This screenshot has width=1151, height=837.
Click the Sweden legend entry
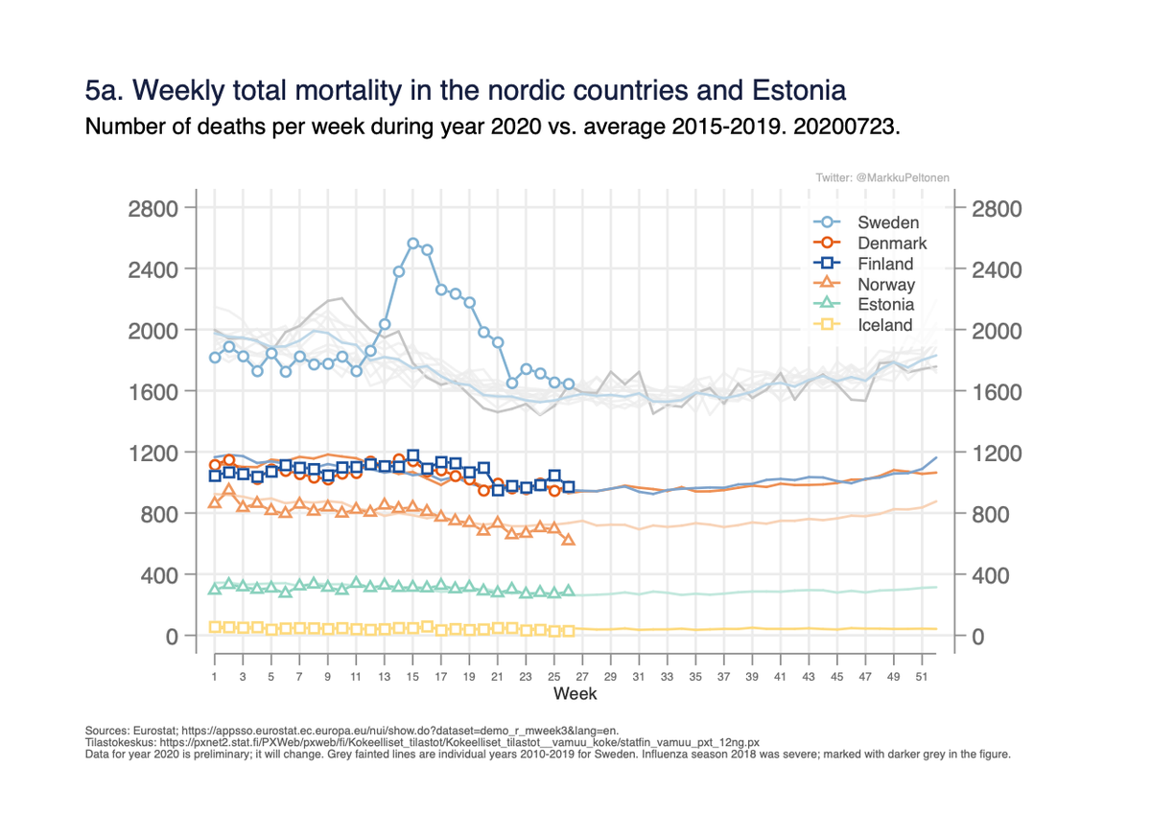(x=888, y=222)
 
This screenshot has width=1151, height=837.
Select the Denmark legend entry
(x=892, y=244)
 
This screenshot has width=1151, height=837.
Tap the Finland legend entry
(x=885, y=264)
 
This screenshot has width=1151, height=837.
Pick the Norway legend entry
(x=886, y=285)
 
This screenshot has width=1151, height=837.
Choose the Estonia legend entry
(x=885, y=305)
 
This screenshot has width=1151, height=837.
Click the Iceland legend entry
(x=884, y=326)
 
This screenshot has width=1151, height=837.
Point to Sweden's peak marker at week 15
(x=413, y=244)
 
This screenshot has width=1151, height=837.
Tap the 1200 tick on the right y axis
(x=998, y=453)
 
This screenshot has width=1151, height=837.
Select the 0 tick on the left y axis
(x=171, y=636)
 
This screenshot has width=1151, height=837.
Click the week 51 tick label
(x=922, y=677)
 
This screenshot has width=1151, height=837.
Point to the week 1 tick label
(x=215, y=677)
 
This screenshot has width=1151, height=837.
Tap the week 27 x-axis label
(x=582, y=677)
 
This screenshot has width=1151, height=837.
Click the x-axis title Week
(x=575, y=693)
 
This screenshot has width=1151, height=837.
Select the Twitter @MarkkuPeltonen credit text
(x=882, y=178)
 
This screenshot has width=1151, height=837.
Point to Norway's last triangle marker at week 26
(x=569, y=540)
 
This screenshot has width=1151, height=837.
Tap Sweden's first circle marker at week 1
(x=215, y=358)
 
